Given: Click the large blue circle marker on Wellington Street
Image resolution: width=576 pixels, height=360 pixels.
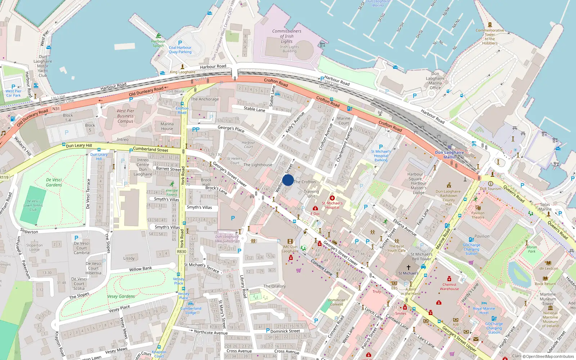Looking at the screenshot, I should (288, 180).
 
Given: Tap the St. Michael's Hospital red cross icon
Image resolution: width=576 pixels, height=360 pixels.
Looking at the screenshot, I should (332, 198).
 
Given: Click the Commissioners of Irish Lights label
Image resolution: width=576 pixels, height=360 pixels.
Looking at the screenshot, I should (287, 36).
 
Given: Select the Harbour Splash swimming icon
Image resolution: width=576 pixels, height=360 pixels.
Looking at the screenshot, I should (158, 36).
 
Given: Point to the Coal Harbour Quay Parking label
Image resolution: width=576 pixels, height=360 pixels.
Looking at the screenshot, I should (180, 50).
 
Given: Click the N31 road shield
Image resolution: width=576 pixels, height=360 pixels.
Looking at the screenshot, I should (56, 109).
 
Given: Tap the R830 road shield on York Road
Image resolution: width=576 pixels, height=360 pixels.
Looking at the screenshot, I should (182, 252).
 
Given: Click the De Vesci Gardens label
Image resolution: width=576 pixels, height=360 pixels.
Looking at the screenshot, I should (54, 183).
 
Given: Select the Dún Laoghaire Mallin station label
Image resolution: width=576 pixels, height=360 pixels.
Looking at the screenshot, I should (449, 155).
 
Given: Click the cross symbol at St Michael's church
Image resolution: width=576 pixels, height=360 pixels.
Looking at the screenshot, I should (408, 267).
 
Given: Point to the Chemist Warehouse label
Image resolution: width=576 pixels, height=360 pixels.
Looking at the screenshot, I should (449, 287).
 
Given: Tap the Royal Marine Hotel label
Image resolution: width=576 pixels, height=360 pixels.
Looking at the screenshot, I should (484, 311).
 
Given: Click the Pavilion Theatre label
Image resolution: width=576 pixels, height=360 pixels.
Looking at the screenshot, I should (478, 215).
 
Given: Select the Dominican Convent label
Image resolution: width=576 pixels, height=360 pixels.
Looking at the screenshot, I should (337, 302).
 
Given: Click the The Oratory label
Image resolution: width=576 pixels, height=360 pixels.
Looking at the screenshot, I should (274, 286).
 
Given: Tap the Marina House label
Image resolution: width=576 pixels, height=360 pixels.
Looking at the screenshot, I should (167, 126).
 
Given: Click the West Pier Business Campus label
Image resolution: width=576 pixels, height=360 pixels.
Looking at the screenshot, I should (125, 116).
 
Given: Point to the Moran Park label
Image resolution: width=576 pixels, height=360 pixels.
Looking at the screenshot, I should (532, 249).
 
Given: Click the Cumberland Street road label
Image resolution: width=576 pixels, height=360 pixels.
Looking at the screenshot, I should (150, 149).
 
